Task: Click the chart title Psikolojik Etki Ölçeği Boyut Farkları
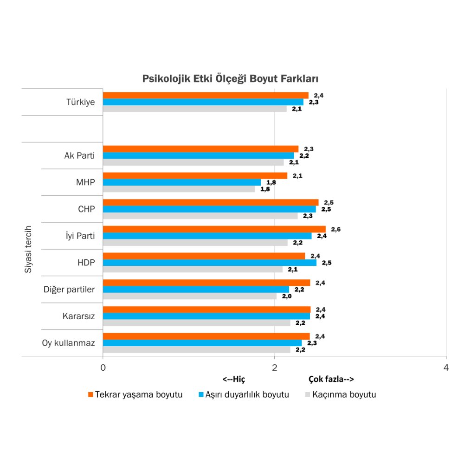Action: pos(230,78)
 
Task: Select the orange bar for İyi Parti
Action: pos(214,229)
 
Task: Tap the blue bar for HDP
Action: pos(209,263)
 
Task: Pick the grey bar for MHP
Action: pos(179,189)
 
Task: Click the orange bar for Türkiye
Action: pos(206,95)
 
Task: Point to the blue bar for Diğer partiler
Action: pos(195,290)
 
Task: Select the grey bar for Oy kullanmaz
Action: pos(196,349)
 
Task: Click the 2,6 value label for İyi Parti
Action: pos(336,229)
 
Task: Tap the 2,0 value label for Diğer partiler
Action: pos(286,296)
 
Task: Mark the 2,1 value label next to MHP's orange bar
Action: pos(297,176)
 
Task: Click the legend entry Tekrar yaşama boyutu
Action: pos(135,395)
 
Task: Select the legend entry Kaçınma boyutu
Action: pos(340,395)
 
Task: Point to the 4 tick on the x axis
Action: pos(446,367)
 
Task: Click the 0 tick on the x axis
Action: pos(103,367)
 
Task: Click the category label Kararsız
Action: pos(78,316)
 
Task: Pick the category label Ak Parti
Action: pos(79,155)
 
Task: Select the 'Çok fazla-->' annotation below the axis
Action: pos(331,380)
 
